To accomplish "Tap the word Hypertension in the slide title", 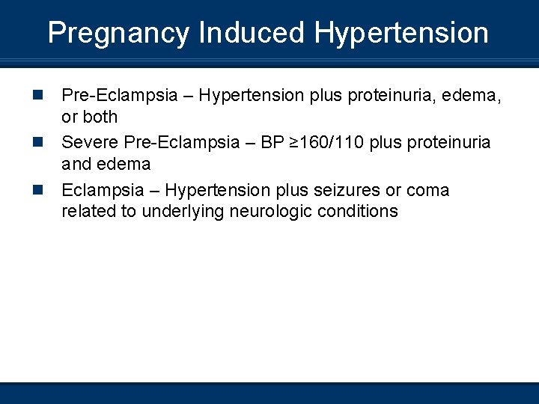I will coord(401,34).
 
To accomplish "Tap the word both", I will coord(100,117).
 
